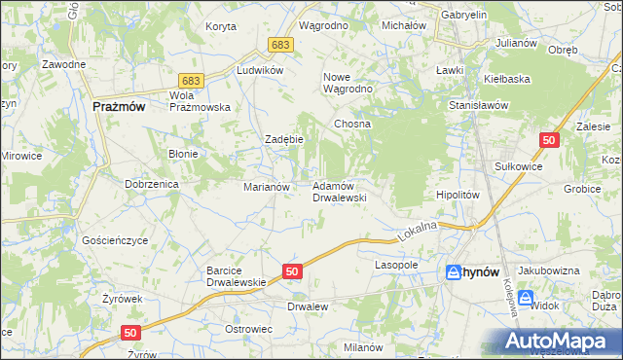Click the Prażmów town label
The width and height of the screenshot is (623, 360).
click(x=119, y=108)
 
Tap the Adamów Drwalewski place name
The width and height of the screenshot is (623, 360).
click(x=338, y=191)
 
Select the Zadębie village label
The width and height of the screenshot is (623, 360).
click(x=285, y=139)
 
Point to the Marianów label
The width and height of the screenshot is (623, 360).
click(x=266, y=186)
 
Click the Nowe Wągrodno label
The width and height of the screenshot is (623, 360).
click(x=349, y=82)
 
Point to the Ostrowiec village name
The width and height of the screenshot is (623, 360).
click(x=248, y=329)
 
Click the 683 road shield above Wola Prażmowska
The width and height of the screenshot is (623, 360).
click(x=191, y=81)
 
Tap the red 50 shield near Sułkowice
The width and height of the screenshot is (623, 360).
click(x=550, y=141)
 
